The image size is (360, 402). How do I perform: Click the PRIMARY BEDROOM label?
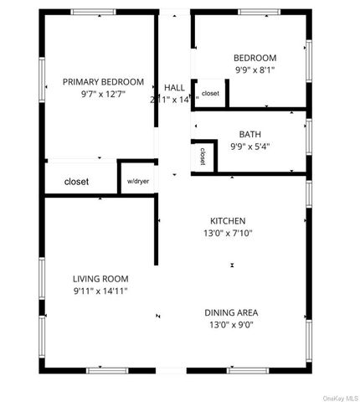103,82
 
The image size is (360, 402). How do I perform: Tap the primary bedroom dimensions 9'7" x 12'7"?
103,95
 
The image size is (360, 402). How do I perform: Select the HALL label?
175,88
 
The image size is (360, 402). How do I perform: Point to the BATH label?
249,134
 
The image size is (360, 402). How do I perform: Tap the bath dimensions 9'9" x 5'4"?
249,146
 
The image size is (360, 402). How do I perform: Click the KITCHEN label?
228,221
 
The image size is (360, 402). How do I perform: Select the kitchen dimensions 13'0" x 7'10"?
228,234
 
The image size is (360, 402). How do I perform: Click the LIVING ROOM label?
100,279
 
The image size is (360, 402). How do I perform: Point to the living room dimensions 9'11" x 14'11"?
100,291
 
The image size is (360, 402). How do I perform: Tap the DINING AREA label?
231,313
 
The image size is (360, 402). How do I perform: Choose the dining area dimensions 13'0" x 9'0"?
231,326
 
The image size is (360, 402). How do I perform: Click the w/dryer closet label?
138,181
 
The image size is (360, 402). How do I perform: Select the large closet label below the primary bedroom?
77,181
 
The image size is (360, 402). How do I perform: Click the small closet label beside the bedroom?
210,94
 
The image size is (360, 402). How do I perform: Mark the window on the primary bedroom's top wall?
94,12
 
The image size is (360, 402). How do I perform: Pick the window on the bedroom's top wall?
260,12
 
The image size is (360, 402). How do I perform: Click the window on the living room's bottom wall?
107,369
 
